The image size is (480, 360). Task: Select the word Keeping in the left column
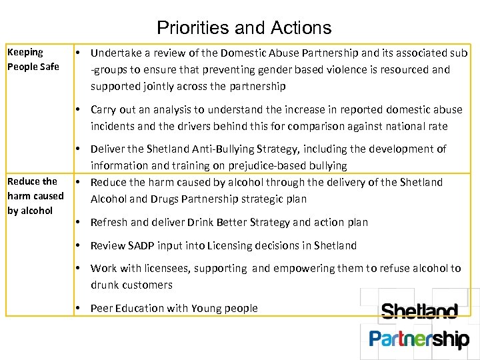[x=25, y=52]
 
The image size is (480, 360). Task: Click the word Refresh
[x=110, y=222]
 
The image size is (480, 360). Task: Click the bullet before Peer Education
[x=79, y=308]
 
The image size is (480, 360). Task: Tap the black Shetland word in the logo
[x=419, y=312]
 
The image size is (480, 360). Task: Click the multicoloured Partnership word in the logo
[x=419, y=339]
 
